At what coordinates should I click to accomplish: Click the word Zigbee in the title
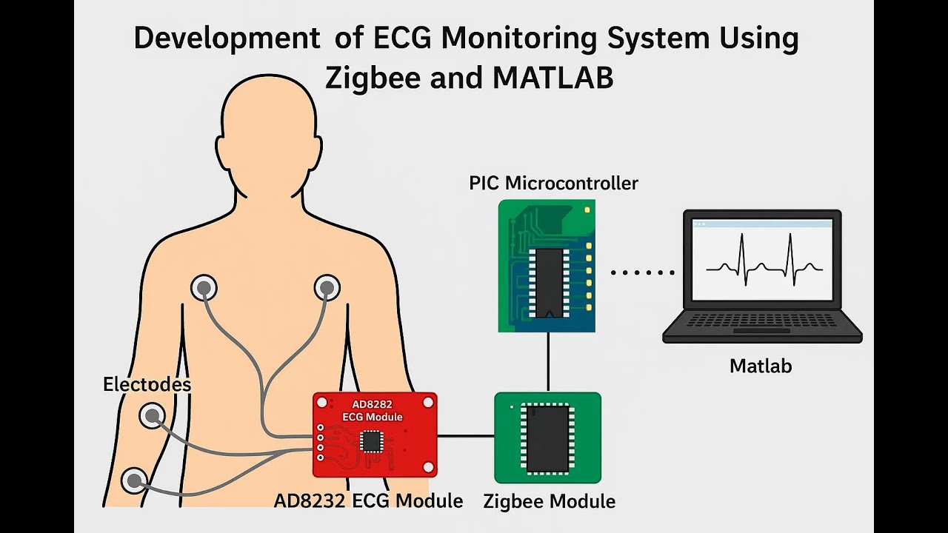[367, 77]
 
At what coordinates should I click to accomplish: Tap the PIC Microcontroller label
[553, 183]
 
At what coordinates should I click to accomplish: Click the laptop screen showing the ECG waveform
[762, 259]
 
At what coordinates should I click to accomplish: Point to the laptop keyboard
[762, 321]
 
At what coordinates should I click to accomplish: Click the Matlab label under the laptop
[761, 366]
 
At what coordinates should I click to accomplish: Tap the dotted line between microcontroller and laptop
[642, 272]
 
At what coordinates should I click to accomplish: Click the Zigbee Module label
[549, 501]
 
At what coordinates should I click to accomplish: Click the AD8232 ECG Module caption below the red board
[368, 500]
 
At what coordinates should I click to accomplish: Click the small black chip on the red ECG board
[371, 441]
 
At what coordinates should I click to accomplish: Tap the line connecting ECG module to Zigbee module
[465, 436]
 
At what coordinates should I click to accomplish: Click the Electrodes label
[147, 385]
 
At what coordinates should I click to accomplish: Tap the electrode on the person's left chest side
[204, 287]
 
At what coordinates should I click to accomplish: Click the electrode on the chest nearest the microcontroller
[327, 287]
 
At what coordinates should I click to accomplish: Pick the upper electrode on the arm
[152, 416]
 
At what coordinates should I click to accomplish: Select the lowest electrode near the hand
[134, 481]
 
